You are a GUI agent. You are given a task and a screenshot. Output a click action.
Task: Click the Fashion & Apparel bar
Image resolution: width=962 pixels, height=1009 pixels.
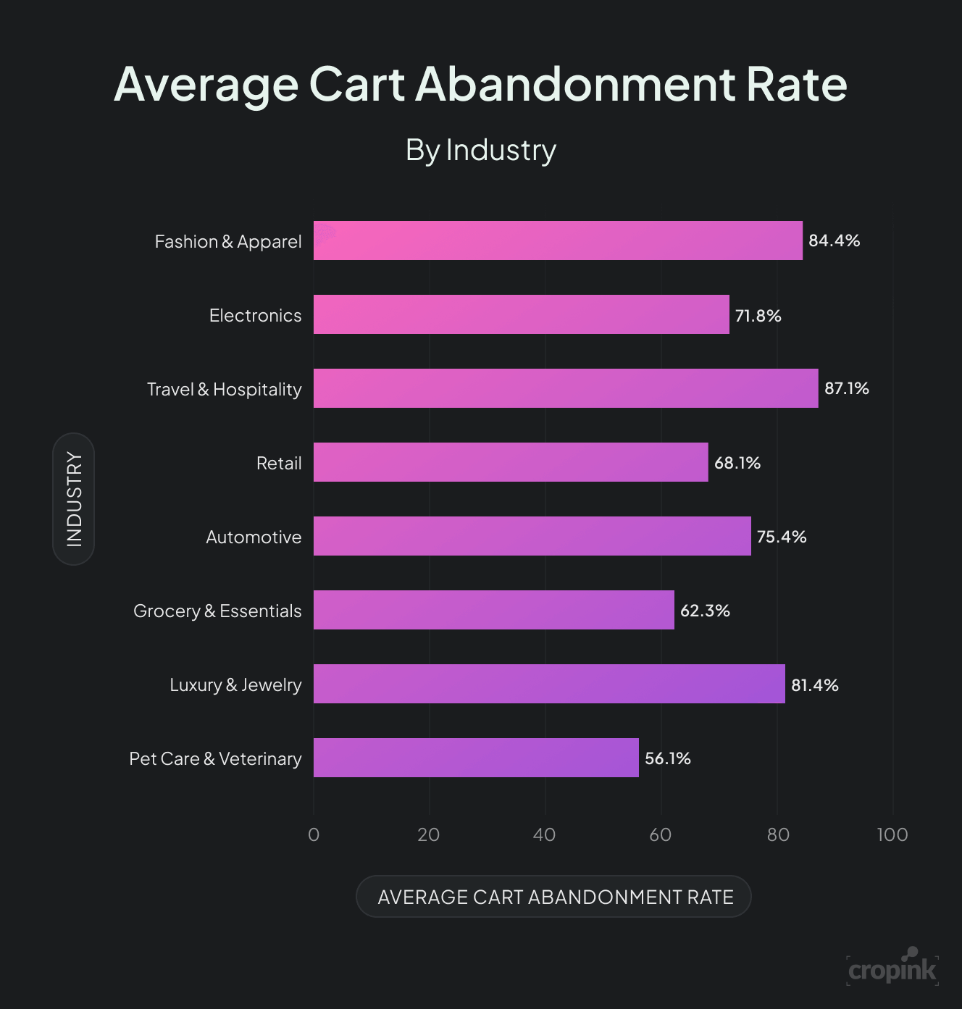point(558,240)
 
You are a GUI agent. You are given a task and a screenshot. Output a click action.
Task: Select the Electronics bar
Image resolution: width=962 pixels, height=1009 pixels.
point(521,314)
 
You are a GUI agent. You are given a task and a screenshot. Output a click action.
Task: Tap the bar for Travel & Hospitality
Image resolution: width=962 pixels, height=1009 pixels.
point(566,388)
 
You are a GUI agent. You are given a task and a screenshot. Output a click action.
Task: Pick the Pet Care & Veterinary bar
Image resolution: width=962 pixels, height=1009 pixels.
point(476,758)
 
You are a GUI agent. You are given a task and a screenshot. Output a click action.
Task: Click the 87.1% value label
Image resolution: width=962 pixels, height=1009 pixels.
point(846,388)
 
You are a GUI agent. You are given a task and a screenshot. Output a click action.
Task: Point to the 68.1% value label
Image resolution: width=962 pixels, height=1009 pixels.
point(737,463)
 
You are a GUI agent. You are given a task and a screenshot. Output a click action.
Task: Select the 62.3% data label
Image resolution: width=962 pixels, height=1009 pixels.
point(704,611)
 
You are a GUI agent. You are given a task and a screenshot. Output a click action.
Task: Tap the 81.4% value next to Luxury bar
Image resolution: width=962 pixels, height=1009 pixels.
point(814,685)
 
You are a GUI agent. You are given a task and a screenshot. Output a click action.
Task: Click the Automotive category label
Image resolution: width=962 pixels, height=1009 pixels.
point(254,537)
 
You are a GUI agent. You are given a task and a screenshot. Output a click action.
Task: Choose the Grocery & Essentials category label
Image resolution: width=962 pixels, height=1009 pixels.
point(217,611)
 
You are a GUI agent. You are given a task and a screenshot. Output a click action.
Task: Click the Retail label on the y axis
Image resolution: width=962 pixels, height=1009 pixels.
point(279,463)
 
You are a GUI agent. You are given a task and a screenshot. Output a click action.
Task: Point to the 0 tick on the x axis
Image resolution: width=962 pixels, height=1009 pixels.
point(314,834)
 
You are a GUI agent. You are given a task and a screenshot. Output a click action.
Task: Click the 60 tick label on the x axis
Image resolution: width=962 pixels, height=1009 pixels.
point(660,834)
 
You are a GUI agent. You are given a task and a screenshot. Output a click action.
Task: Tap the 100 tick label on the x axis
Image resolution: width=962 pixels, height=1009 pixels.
point(892,834)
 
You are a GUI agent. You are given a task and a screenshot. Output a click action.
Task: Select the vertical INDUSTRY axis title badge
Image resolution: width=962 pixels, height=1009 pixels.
point(74,499)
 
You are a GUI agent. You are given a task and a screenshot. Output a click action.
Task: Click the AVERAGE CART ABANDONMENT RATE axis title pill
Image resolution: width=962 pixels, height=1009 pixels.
point(554,897)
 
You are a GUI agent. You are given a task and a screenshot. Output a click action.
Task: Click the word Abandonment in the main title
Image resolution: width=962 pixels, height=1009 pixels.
point(575,85)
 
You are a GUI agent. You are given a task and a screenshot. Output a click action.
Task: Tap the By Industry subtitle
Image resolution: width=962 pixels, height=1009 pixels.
point(480,150)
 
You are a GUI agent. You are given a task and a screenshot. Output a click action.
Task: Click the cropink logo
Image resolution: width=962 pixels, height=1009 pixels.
point(892,968)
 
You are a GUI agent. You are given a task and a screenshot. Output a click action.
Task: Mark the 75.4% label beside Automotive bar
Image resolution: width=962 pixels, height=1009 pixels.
point(781,537)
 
